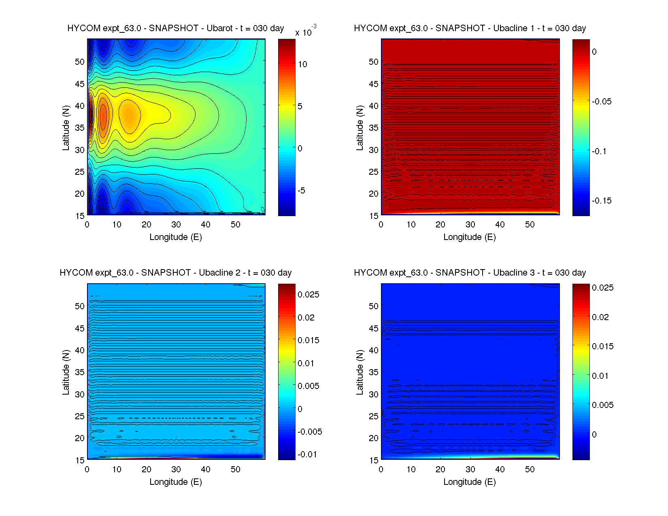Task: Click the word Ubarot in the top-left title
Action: pos(219,28)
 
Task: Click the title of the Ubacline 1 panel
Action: pos(470,28)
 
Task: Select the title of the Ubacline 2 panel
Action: pos(175,273)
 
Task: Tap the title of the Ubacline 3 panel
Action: pos(470,273)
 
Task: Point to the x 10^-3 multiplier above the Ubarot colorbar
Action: pos(306,32)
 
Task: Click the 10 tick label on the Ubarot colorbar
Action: pos(302,64)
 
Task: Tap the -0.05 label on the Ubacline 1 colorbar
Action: pos(602,102)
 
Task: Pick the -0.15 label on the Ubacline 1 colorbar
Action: pos(602,201)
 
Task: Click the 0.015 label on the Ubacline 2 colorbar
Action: pos(308,340)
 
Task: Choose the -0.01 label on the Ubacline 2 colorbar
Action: pos(307,454)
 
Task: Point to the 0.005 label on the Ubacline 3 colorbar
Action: pos(602,405)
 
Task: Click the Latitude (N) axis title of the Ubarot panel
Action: pos(66,128)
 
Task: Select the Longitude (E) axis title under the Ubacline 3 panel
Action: pos(470,482)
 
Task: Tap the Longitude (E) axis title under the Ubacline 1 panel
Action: pos(470,237)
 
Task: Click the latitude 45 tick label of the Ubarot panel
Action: pos(80,84)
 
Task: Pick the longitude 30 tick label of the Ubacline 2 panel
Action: pos(176,469)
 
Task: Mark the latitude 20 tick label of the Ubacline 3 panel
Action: pos(374,438)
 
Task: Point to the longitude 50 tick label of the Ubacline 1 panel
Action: pos(530,225)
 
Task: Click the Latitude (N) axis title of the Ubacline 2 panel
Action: pos(66,372)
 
